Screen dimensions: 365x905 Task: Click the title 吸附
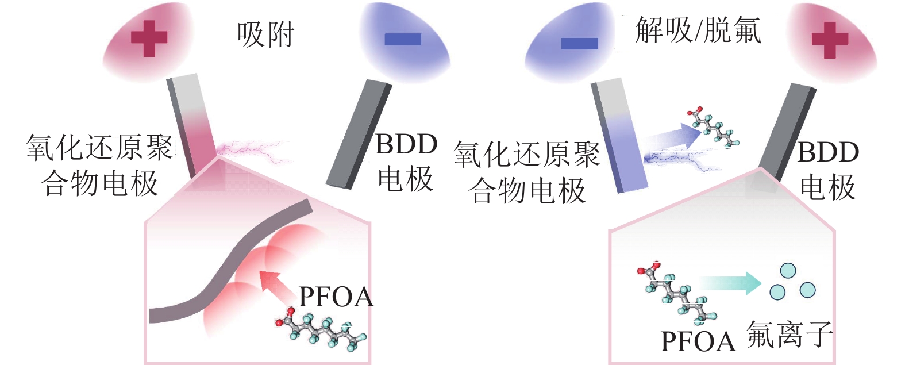pos(265,35)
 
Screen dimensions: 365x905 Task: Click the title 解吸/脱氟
pos(698,30)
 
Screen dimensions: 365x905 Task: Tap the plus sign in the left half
pos(149,39)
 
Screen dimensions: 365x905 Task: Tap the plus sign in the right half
pos(830,40)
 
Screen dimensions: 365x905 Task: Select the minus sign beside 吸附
pos(403,39)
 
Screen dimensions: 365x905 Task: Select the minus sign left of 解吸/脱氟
pos(579,44)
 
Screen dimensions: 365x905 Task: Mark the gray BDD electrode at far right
pos(787,129)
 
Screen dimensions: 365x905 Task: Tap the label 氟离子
pos(790,335)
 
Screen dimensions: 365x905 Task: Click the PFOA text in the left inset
pos(336,297)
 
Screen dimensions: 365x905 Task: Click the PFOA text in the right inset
pos(698,341)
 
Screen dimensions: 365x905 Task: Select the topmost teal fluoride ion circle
pos(787,271)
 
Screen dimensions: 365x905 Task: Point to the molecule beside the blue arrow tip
pos(713,128)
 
